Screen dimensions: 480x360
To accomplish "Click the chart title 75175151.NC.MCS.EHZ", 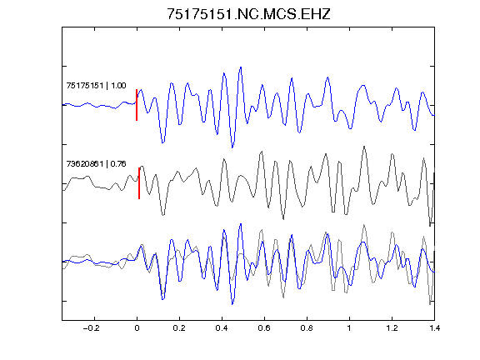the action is tap(248, 14).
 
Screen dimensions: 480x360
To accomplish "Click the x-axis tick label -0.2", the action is tap(91, 328).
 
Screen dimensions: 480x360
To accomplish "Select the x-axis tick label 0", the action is tap(137, 328).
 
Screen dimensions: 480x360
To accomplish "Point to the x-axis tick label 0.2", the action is tap(179, 328).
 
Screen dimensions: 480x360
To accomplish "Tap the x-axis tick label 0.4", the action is tap(222, 328).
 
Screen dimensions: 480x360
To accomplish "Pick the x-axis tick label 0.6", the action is tap(264, 328).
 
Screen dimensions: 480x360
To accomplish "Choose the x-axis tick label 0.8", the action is tap(307, 328).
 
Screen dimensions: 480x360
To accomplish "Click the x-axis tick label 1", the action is tap(349, 328).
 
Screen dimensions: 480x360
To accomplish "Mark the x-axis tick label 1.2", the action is tap(392, 328).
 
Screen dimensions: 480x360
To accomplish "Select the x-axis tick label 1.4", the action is tap(434, 328).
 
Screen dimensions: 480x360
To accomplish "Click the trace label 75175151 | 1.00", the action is tap(96, 85).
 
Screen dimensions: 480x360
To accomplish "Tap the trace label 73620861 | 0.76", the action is tap(96, 164).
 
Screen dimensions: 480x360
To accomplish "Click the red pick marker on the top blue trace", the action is tap(137, 105).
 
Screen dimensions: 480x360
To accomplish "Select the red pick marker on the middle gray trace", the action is tap(139, 183).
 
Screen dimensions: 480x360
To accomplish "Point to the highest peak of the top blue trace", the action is tap(241, 67).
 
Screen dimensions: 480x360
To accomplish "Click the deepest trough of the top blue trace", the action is tap(232, 147).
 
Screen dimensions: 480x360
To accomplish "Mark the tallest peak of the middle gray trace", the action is tap(364, 147).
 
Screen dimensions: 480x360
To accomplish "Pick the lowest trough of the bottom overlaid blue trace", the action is tap(232, 304).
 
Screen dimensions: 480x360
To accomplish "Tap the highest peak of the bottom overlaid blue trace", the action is tap(241, 224).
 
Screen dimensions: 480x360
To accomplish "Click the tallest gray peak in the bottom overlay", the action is tap(364, 225).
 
